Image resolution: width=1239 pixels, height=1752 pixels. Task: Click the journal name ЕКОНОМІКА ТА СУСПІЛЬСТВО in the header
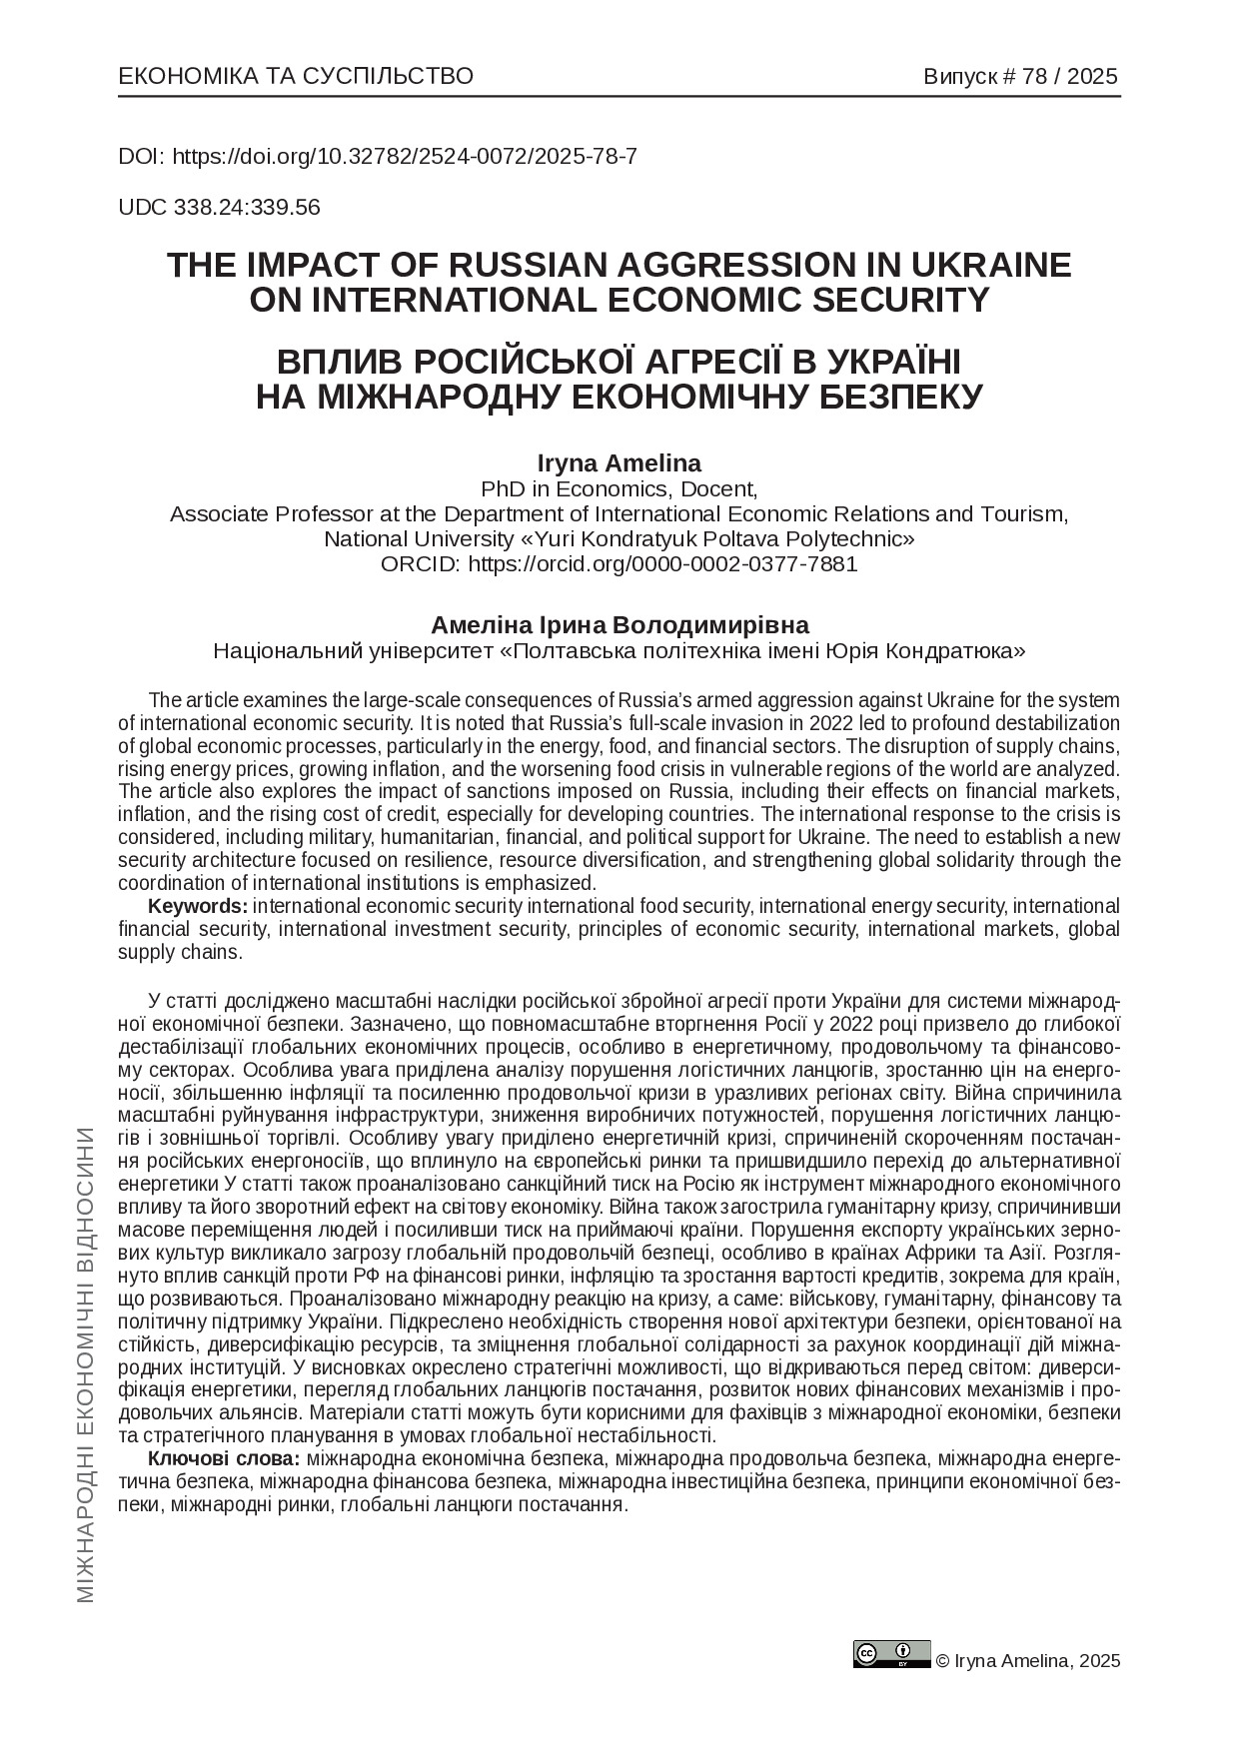pos(296,77)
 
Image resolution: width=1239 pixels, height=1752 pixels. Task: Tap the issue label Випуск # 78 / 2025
pos(1020,77)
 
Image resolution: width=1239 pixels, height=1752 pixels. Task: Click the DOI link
pos(405,157)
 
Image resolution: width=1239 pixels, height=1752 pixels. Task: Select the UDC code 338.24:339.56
pos(247,208)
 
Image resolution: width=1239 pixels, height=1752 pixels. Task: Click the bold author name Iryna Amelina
pos(619,463)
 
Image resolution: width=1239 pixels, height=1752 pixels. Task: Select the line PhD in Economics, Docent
pos(619,489)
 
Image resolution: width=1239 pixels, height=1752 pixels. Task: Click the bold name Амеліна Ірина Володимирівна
pos(619,625)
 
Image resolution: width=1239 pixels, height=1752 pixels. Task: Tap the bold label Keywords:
pos(198,906)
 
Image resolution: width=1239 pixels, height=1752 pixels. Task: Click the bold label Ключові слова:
pos(224,1459)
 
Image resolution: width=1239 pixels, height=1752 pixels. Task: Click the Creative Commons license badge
pos(891,1653)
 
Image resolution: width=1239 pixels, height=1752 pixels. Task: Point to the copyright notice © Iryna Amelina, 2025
pos(1028,1661)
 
